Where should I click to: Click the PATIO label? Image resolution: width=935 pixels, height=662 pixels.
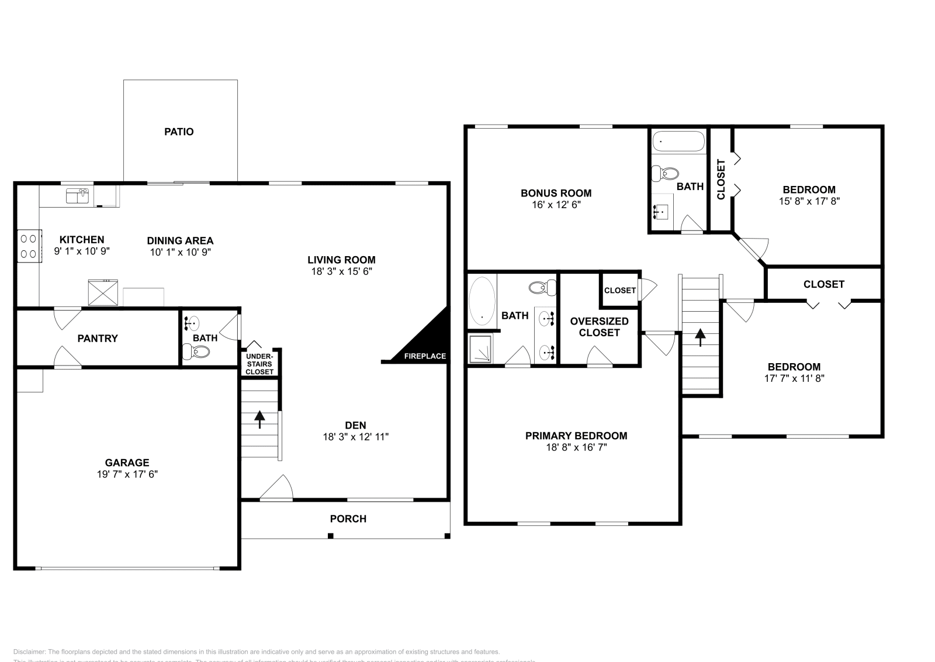click(179, 132)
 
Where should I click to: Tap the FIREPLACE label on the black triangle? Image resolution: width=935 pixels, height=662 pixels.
click(425, 356)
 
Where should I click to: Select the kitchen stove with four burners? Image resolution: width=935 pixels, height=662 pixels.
click(29, 246)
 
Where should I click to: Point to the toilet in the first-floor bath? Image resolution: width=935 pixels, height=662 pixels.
click(197, 351)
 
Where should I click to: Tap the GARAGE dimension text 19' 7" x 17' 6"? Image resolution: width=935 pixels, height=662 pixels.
click(127, 474)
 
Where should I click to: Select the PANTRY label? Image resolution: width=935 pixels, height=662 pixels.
click(98, 339)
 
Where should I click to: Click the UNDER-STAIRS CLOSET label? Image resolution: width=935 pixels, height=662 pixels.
click(259, 364)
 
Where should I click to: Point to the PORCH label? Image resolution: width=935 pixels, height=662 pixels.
click(348, 519)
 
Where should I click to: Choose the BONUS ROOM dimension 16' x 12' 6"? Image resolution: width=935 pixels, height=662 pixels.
click(556, 205)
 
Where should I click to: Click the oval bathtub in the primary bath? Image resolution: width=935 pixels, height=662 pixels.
click(482, 301)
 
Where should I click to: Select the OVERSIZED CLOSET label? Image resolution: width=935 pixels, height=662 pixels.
click(599, 327)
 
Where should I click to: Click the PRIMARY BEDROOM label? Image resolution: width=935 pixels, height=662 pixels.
click(576, 436)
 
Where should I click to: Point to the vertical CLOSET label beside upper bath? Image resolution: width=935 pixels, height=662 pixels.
click(721, 179)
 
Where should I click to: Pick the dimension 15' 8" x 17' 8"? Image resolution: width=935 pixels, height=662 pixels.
click(809, 201)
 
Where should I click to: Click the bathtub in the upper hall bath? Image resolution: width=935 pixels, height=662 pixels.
click(678, 142)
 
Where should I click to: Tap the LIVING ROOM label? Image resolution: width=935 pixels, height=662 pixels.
click(342, 260)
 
